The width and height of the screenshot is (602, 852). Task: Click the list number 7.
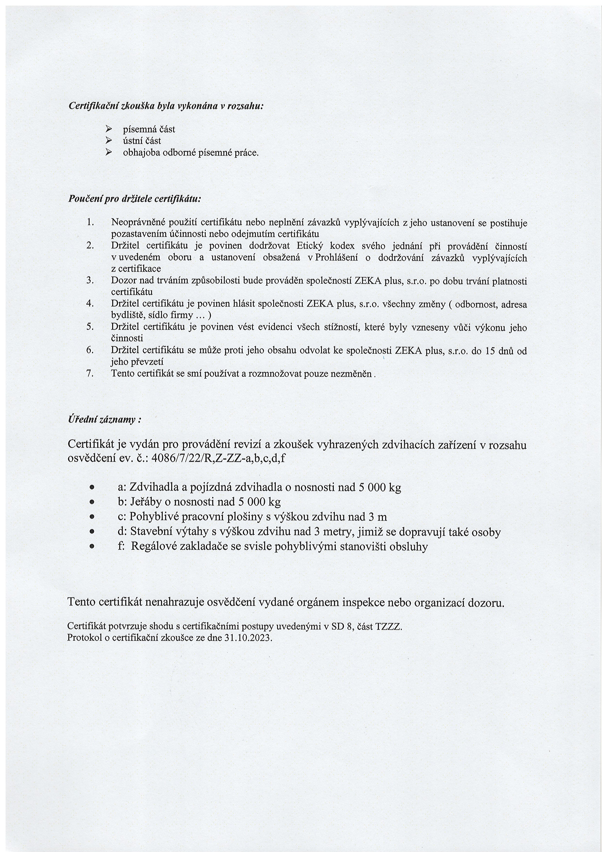(90, 373)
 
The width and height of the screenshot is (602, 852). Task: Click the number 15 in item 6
(490, 351)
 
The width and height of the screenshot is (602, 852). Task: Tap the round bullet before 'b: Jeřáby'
(92, 502)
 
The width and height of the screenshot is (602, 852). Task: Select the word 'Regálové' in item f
(153, 547)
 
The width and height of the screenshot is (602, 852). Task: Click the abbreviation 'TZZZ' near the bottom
(388, 626)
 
